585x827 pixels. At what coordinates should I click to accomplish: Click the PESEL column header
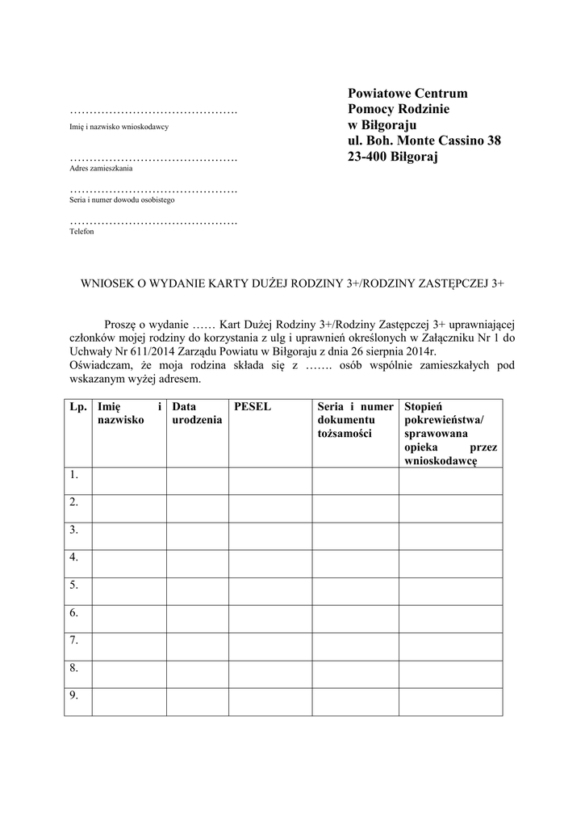[x=252, y=408]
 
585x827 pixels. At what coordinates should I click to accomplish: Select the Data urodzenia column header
[x=197, y=414]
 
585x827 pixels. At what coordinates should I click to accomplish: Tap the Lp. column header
[x=77, y=408]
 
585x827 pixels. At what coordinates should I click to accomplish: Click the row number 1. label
[x=73, y=475]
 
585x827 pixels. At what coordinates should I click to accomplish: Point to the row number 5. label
[x=73, y=586]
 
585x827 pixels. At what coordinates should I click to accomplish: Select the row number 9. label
[x=73, y=696]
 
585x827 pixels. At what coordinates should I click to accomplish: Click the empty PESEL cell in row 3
[x=270, y=536]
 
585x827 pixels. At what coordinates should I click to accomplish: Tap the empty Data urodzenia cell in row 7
[x=197, y=647]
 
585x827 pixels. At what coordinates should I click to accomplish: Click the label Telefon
[x=81, y=232]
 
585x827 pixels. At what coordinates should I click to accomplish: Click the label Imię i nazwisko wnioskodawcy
[x=119, y=128]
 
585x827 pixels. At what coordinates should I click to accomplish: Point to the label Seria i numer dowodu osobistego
[x=122, y=199]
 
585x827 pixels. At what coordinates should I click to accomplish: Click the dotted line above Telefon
[x=153, y=221]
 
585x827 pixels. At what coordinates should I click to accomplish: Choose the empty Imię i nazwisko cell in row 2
[x=129, y=509]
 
